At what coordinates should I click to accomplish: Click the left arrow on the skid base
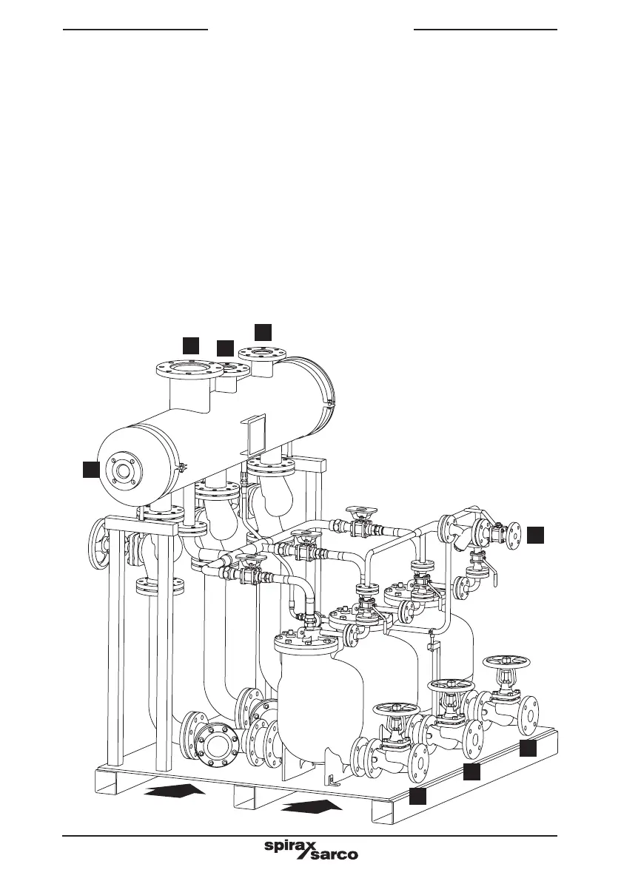[174, 791]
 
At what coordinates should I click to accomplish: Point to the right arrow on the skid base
[312, 806]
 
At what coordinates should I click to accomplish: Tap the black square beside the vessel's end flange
[91, 469]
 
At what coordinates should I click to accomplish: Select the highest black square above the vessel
[263, 331]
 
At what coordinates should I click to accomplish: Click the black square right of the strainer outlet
[536, 535]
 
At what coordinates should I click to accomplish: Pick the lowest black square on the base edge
[417, 796]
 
